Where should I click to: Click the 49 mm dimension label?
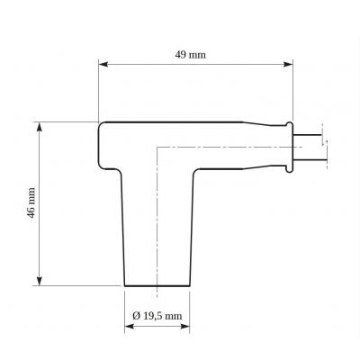[x=191, y=55]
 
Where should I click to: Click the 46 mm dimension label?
[x=31, y=202]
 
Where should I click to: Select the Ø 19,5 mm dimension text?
[x=157, y=316]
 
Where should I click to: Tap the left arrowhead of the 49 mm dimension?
[x=103, y=64]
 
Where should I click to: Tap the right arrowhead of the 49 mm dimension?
[x=288, y=64]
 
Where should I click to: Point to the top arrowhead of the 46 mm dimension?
[x=39, y=127]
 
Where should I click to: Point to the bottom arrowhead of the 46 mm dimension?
[x=39, y=281]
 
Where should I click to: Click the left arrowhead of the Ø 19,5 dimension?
[x=129, y=327]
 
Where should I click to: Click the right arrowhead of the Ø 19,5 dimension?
[x=185, y=327]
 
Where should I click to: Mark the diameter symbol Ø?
[x=136, y=316]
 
